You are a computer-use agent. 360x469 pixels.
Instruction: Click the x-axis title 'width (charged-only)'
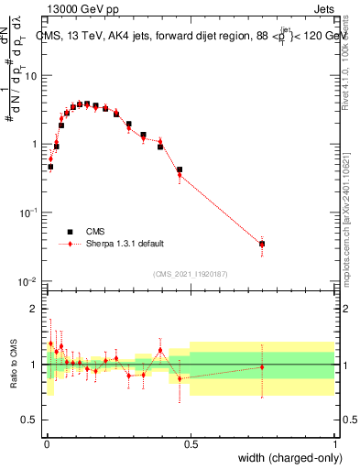(x=285, y=458)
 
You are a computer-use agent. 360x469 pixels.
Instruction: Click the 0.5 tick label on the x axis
(x=191, y=444)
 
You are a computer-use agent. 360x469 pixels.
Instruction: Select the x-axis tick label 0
(x=46, y=444)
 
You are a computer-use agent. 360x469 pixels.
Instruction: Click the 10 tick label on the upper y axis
(x=31, y=76)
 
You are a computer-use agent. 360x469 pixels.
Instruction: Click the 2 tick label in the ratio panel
(x=35, y=309)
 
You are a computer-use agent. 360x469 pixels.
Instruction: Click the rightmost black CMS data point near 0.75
(x=262, y=244)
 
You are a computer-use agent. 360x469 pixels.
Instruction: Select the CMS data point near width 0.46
(x=180, y=170)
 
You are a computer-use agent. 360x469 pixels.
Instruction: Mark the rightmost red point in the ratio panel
(x=262, y=366)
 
